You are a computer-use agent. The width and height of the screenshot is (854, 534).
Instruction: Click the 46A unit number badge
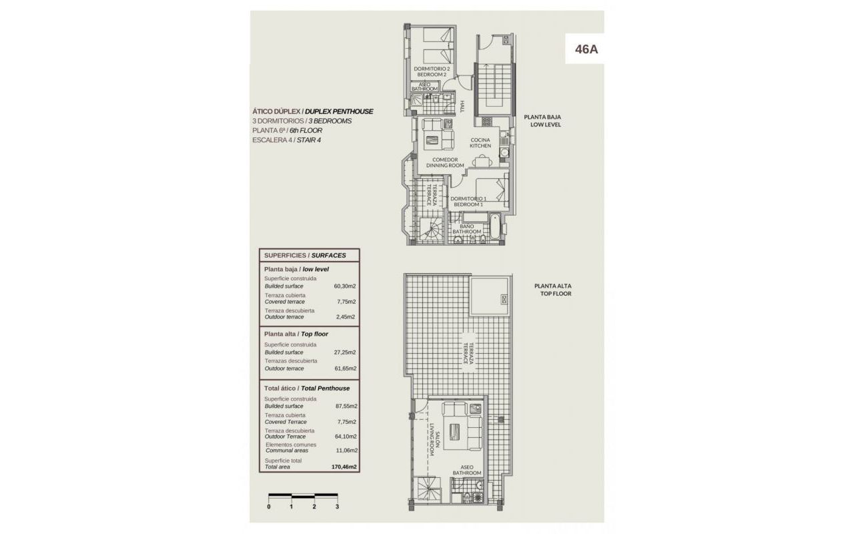pyautogui.click(x=586, y=49)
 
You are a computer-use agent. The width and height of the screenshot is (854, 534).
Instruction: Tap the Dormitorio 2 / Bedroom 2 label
pyautogui.click(x=432, y=71)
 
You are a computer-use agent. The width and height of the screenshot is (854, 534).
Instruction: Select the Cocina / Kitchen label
pyautogui.click(x=480, y=143)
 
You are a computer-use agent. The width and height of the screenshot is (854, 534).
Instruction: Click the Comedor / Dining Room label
pyautogui.click(x=445, y=162)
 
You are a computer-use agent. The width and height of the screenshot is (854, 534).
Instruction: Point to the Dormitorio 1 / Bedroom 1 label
pyautogui.click(x=468, y=202)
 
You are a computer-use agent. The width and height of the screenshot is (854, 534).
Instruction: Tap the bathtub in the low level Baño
pyautogui.click(x=494, y=226)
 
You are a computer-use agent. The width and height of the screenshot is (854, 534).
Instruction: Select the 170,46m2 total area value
pyautogui.click(x=344, y=467)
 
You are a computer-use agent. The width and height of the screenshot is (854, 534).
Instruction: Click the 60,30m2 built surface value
pyautogui.click(x=345, y=286)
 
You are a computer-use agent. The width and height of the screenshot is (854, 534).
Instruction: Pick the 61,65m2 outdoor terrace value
pyautogui.click(x=345, y=368)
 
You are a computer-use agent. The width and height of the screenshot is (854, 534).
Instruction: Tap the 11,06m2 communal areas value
pyautogui.click(x=346, y=451)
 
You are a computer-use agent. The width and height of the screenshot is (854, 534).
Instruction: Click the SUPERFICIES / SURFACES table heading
pyautogui.click(x=305, y=256)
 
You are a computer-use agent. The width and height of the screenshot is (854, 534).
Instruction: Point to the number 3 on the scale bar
pyautogui.click(x=338, y=507)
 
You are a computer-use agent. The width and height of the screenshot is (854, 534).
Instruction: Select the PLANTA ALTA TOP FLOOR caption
pyautogui.click(x=553, y=290)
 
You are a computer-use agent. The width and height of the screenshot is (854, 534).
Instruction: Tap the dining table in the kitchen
pyautogui.click(x=482, y=161)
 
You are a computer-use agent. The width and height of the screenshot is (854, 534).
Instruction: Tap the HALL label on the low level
pyautogui.click(x=462, y=106)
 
